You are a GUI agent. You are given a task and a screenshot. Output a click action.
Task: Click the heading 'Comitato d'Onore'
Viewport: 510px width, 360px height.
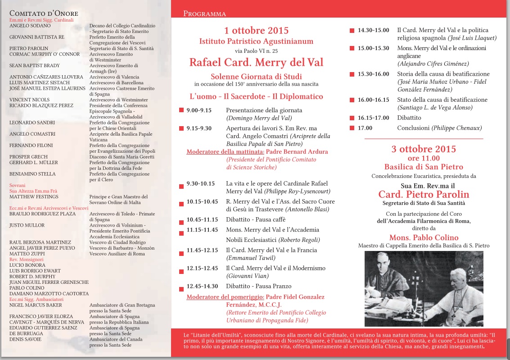coord(44,13)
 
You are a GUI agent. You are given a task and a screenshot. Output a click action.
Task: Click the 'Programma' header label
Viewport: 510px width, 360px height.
coord(204,14)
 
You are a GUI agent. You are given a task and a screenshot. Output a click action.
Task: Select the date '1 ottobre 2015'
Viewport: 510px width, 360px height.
coord(256,31)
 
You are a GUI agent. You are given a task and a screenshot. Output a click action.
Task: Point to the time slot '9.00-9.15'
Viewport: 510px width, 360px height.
coord(199,110)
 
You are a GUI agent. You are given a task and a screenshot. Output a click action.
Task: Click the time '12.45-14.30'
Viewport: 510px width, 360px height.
coord(202,286)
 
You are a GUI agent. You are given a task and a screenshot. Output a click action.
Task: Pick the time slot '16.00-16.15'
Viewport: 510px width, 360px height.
coord(373,100)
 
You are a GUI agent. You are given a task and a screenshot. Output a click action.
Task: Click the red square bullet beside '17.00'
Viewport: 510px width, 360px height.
coord(352,128)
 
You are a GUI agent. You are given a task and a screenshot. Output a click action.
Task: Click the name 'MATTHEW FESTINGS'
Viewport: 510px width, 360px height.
coord(34,196)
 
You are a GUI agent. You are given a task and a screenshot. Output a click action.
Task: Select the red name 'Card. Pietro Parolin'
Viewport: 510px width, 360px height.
coord(424,195)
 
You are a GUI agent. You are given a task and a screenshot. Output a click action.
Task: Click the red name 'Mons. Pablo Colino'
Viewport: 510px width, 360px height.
coord(424,237)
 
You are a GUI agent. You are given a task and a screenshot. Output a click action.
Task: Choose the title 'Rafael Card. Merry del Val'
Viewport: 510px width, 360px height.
coord(256,62)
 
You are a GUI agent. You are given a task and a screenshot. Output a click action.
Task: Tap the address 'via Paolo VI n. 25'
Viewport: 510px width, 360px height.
coord(256,49)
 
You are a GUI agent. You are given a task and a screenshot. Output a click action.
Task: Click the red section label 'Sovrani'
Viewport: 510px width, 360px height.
coord(18,185)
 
